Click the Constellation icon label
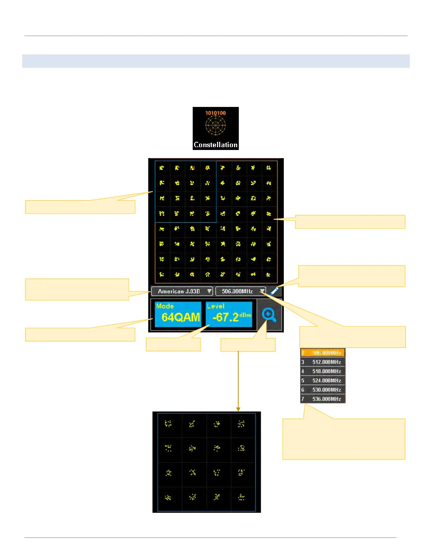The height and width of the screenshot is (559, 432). pyautogui.click(x=215, y=145)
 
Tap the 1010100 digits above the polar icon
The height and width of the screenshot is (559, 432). pyautogui.click(x=215, y=113)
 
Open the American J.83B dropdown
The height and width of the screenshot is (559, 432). pyautogui.click(x=182, y=291)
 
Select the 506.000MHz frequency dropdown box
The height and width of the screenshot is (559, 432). pyautogui.click(x=240, y=291)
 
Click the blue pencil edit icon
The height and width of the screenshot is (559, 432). pyautogui.click(x=274, y=291)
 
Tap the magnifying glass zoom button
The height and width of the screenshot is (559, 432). pyautogui.click(x=269, y=315)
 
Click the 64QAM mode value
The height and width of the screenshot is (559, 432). pyautogui.click(x=181, y=317)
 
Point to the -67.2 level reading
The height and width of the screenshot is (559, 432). pyautogui.click(x=226, y=317)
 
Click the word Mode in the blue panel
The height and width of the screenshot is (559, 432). pyautogui.click(x=165, y=306)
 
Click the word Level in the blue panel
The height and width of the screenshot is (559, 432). pyautogui.click(x=215, y=306)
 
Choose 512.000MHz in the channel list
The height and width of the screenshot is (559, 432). pyautogui.click(x=326, y=362)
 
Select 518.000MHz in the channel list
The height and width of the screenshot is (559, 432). pyautogui.click(x=326, y=371)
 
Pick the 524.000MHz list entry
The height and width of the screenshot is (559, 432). pyautogui.click(x=326, y=380)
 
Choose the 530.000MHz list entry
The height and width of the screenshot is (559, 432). pyautogui.click(x=326, y=390)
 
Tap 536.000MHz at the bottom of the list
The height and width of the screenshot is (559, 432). pyautogui.click(x=326, y=399)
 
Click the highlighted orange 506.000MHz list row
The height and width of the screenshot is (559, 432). pyautogui.click(x=323, y=353)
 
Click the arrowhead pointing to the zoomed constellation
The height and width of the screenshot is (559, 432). pyautogui.click(x=238, y=409)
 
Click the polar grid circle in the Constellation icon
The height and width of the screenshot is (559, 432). pyautogui.click(x=215, y=125)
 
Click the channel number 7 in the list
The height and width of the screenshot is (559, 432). pyautogui.click(x=302, y=399)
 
